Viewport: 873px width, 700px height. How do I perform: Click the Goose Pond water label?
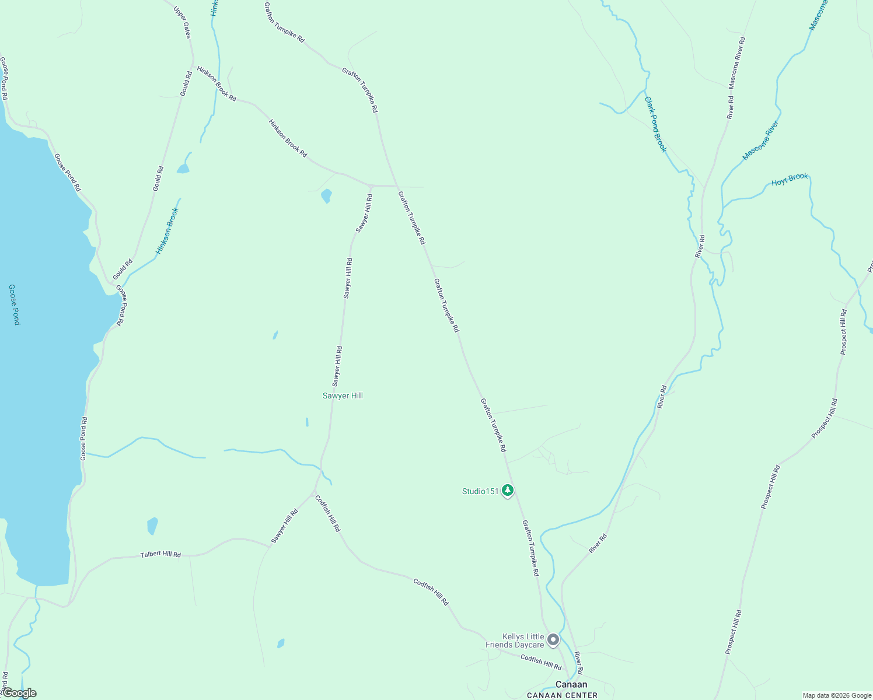coord(15,304)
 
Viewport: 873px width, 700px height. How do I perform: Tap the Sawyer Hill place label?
coord(343,395)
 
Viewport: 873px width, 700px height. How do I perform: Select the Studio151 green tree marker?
coord(508,491)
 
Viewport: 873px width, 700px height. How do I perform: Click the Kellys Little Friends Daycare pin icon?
coord(553,640)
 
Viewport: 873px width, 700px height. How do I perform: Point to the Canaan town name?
coord(571,684)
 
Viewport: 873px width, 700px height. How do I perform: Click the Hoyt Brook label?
coord(790,180)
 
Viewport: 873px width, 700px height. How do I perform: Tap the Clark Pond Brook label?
coord(655,124)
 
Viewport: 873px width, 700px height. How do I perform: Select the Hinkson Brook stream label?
coord(167,231)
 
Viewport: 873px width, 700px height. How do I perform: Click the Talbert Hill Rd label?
coord(160,555)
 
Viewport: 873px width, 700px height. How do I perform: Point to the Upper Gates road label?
coord(183,22)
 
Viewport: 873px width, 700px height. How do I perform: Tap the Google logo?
coord(19,693)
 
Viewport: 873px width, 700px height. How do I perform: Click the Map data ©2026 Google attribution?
coord(836,695)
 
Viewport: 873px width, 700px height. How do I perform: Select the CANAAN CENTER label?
coord(562,695)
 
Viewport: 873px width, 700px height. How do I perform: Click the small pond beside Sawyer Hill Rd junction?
coord(326,195)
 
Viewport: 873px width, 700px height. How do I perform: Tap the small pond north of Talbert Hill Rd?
coord(152,525)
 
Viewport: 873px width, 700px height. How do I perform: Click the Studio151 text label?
coord(480,491)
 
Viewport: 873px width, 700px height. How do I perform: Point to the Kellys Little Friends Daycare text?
coord(515,640)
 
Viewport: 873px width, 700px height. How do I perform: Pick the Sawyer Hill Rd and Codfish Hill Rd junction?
coord(316,491)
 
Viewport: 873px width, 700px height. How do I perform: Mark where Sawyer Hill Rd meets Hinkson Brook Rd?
coord(371,185)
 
